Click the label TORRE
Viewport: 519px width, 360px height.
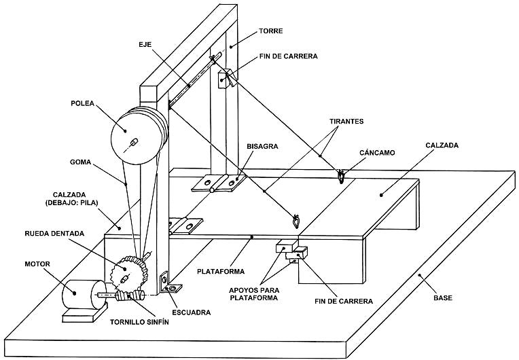click(271, 31)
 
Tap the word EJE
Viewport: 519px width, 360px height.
click(145, 44)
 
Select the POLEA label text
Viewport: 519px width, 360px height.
click(82, 103)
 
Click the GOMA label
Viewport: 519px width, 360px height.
click(80, 162)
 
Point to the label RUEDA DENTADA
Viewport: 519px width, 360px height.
click(54, 234)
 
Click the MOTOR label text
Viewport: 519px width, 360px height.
click(37, 264)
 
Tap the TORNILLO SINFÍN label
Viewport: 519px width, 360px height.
click(139, 322)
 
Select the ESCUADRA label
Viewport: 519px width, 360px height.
click(192, 312)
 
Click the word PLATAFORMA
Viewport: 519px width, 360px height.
click(221, 272)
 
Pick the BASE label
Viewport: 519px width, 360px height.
click(443, 298)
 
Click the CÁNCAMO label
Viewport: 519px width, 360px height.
click(377, 153)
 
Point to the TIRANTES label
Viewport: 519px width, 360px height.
click(346, 122)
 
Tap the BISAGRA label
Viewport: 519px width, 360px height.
click(262, 146)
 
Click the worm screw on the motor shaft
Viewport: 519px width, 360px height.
click(130, 295)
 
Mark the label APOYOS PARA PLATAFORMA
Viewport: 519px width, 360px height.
click(254, 294)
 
